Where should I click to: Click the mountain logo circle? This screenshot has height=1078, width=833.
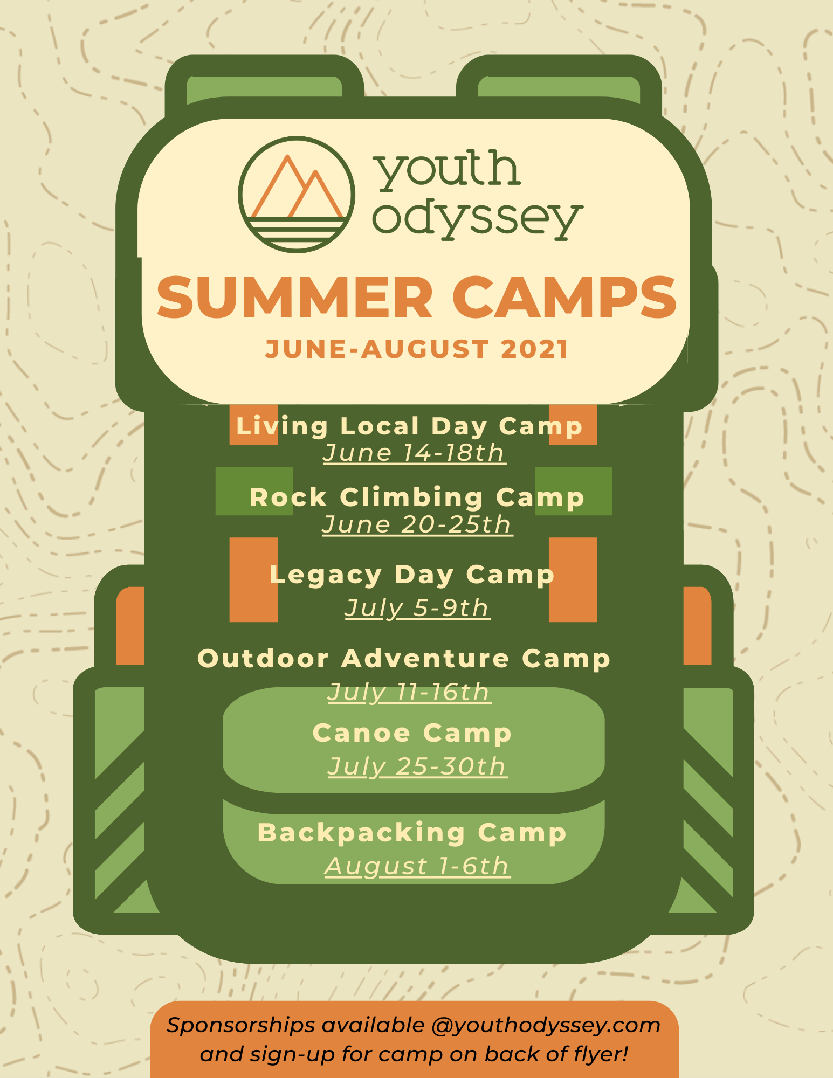(240, 194)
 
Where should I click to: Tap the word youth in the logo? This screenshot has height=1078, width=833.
(448, 171)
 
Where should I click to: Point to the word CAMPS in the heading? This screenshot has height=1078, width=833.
(564, 298)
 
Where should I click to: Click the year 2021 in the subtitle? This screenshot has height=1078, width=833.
(534, 349)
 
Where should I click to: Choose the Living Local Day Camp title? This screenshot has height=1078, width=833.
(409, 426)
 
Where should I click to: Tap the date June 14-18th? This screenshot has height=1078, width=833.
(414, 453)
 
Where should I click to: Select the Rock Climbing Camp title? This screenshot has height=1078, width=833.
(417, 497)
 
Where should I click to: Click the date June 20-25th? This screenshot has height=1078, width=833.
(417, 524)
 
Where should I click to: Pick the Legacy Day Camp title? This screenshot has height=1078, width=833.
(412, 575)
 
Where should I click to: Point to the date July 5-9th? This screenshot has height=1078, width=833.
(417, 609)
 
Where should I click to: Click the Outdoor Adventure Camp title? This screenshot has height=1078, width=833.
(404, 659)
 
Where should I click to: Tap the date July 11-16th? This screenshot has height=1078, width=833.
(409, 692)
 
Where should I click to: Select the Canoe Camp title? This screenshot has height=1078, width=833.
(412, 733)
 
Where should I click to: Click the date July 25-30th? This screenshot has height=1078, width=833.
(417, 766)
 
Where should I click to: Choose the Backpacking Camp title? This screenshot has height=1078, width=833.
(412, 833)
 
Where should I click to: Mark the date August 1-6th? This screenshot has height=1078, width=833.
(417, 867)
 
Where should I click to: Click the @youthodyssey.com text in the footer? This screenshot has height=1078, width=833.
(546, 1026)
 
